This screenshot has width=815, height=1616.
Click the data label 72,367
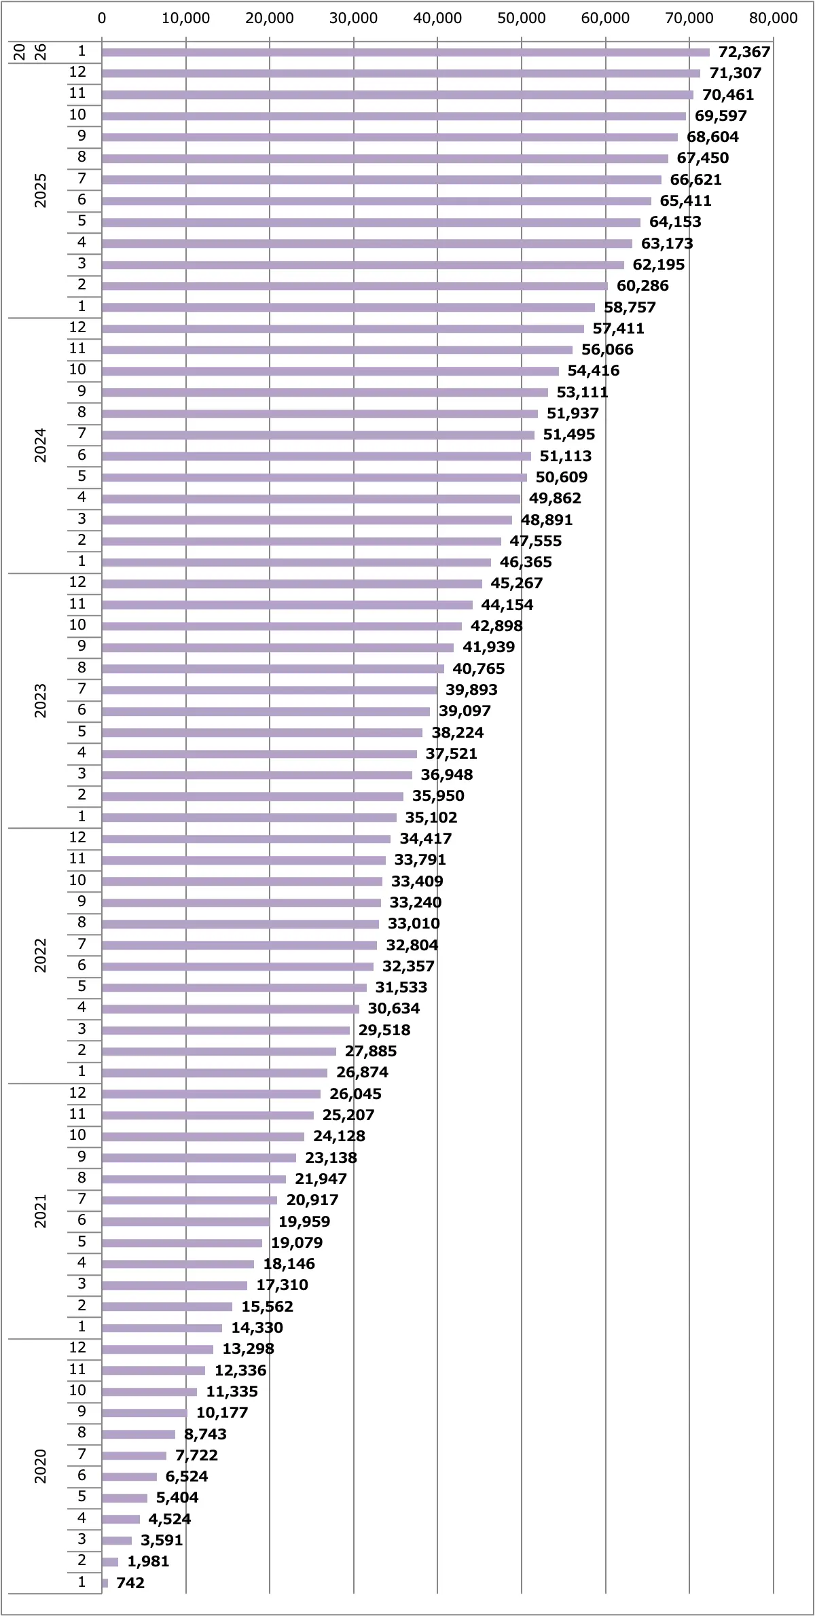click(744, 52)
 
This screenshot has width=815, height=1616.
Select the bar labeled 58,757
click(348, 308)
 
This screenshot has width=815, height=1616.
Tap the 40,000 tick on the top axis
click(437, 18)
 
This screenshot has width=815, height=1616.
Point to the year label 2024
click(41, 445)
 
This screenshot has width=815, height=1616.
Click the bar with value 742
click(105, 1583)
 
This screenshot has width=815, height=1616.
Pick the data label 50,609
click(561, 478)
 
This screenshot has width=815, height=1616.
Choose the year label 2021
click(41, 1211)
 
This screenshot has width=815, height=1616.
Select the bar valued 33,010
click(240, 924)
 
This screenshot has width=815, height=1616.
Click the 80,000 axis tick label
click(773, 18)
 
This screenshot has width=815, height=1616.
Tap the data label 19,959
click(304, 1221)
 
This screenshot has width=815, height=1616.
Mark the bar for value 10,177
click(145, 1413)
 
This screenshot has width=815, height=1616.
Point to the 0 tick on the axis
click(102, 18)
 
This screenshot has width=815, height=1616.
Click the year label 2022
click(41, 956)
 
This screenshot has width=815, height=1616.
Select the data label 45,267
click(516, 583)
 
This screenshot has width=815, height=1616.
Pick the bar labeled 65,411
click(376, 201)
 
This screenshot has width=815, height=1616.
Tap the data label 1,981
click(148, 1562)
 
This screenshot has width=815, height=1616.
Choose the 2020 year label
click(41, 1466)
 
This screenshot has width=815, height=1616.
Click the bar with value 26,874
click(215, 1073)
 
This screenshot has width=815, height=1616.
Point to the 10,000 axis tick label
click(185, 18)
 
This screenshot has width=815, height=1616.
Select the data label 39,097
click(465, 711)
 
